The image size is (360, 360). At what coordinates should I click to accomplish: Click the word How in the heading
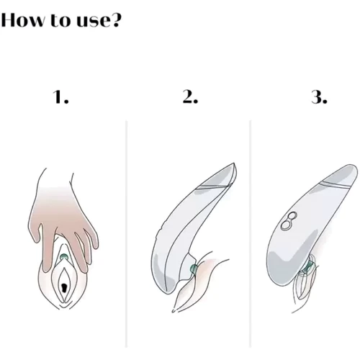(23, 19)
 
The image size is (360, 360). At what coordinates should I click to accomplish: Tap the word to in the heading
(60, 20)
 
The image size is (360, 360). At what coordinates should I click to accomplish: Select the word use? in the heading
(98, 20)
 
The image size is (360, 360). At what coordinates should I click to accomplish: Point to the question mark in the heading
(114, 20)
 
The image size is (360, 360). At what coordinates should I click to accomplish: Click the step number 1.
(60, 97)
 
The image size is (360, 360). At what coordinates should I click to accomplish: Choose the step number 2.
(190, 97)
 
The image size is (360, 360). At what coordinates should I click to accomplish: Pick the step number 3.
(319, 97)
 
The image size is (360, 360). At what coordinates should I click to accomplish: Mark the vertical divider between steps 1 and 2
(126, 233)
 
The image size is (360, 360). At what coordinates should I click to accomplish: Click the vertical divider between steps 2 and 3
(250, 233)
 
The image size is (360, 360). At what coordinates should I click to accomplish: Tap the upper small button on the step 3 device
(292, 216)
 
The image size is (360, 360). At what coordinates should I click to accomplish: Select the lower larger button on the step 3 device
(286, 225)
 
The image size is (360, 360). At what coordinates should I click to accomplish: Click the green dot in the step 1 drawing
(64, 256)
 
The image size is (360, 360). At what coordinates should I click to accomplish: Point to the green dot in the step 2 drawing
(194, 269)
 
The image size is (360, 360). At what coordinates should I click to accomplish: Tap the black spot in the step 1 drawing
(64, 287)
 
